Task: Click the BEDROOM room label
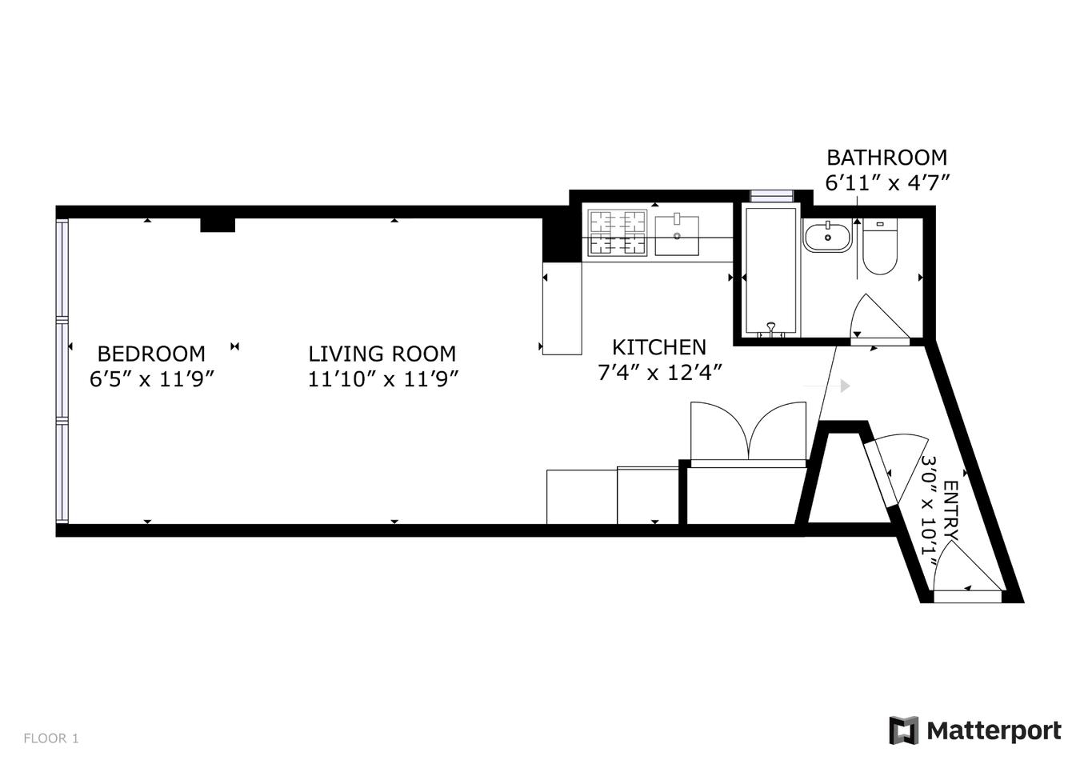151,354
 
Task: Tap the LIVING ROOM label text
382,354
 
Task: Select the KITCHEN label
659,347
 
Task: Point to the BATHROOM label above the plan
886,158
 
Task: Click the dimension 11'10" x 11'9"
382,378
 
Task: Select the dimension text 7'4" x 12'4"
660,373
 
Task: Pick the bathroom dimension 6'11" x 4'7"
887,182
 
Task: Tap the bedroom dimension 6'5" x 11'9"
152,378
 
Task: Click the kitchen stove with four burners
617,233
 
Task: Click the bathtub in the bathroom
770,270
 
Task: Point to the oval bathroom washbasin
827,238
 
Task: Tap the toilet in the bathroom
879,248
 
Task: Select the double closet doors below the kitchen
748,433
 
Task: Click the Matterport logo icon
903,730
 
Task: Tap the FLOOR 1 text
51,738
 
